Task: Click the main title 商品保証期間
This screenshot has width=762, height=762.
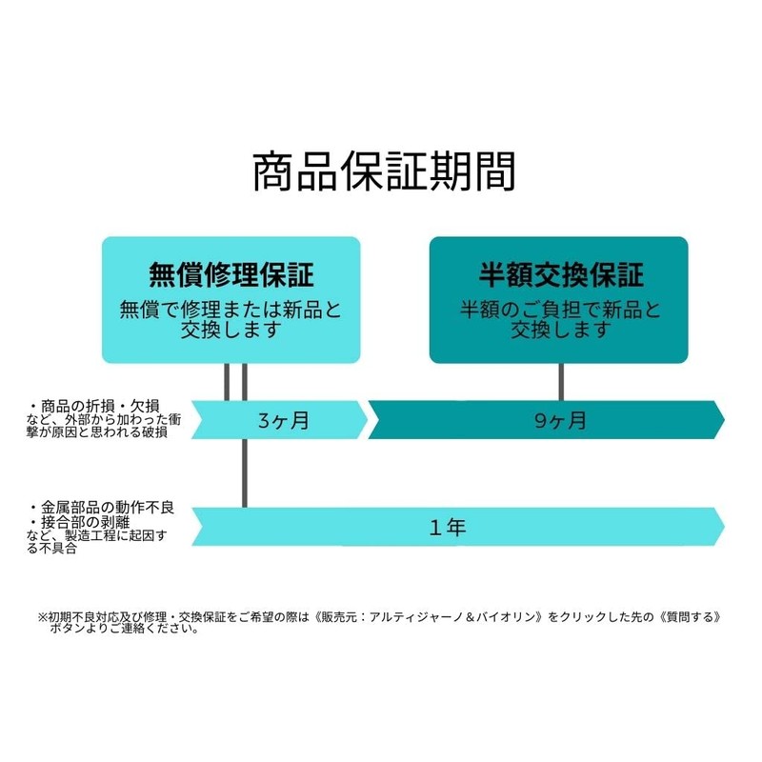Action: coord(384,171)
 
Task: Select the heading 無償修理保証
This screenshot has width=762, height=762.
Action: coord(231,274)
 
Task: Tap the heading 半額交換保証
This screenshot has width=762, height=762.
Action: coord(561,274)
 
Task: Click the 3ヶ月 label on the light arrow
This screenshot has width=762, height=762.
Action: coord(283,420)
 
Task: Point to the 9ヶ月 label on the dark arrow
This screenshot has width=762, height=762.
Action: coord(560,420)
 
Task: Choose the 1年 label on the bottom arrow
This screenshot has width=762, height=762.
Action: coord(448,528)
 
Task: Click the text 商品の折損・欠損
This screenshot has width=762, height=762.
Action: coord(100,407)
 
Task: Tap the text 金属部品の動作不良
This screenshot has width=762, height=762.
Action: coord(107,509)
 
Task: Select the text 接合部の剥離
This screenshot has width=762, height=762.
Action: coord(85,523)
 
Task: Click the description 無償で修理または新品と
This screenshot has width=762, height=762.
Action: coord(231,311)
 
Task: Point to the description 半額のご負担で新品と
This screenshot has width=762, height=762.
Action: coord(561,311)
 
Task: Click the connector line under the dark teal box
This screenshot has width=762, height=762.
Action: coord(561,382)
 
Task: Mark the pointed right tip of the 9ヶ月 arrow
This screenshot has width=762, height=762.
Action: coord(724,420)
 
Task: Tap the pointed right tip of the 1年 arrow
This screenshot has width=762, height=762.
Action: coord(724,527)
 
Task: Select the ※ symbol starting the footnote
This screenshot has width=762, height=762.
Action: coord(42,617)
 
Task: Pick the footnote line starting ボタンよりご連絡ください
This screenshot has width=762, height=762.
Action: coord(125,629)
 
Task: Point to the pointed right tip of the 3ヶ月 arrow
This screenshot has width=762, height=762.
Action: coord(367,420)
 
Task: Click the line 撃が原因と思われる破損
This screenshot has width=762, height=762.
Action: coord(97,432)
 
